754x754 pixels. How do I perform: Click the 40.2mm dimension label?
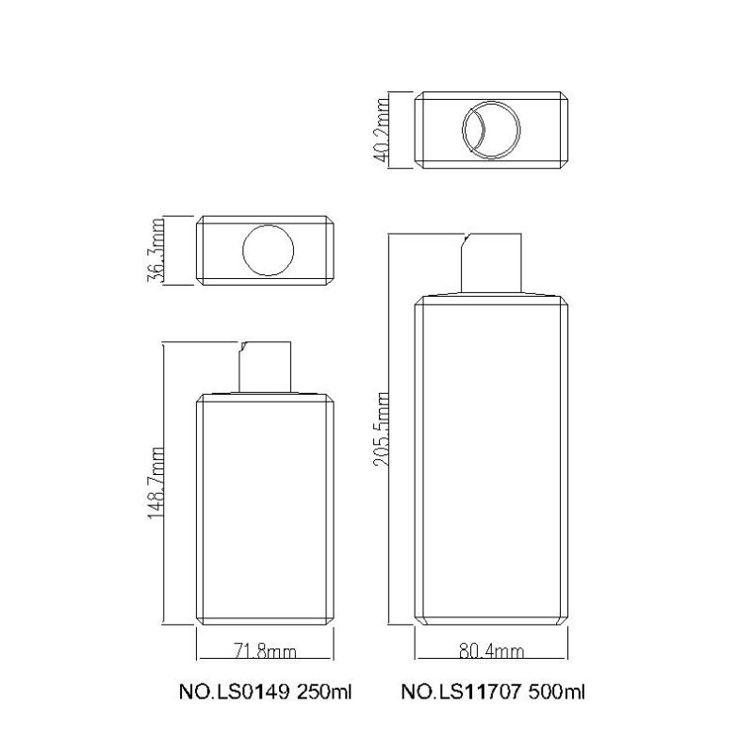[382, 130]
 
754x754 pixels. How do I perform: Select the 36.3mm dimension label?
[156, 250]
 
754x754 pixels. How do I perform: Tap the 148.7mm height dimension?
[156, 483]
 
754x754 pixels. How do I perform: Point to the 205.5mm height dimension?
[382, 430]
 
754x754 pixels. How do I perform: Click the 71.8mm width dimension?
[265, 651]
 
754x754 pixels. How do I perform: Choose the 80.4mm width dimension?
[491, 651]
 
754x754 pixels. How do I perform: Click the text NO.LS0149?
[234, 693]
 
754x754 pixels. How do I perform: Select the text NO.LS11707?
[461, 693]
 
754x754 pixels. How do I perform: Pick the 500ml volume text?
[557, 693]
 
